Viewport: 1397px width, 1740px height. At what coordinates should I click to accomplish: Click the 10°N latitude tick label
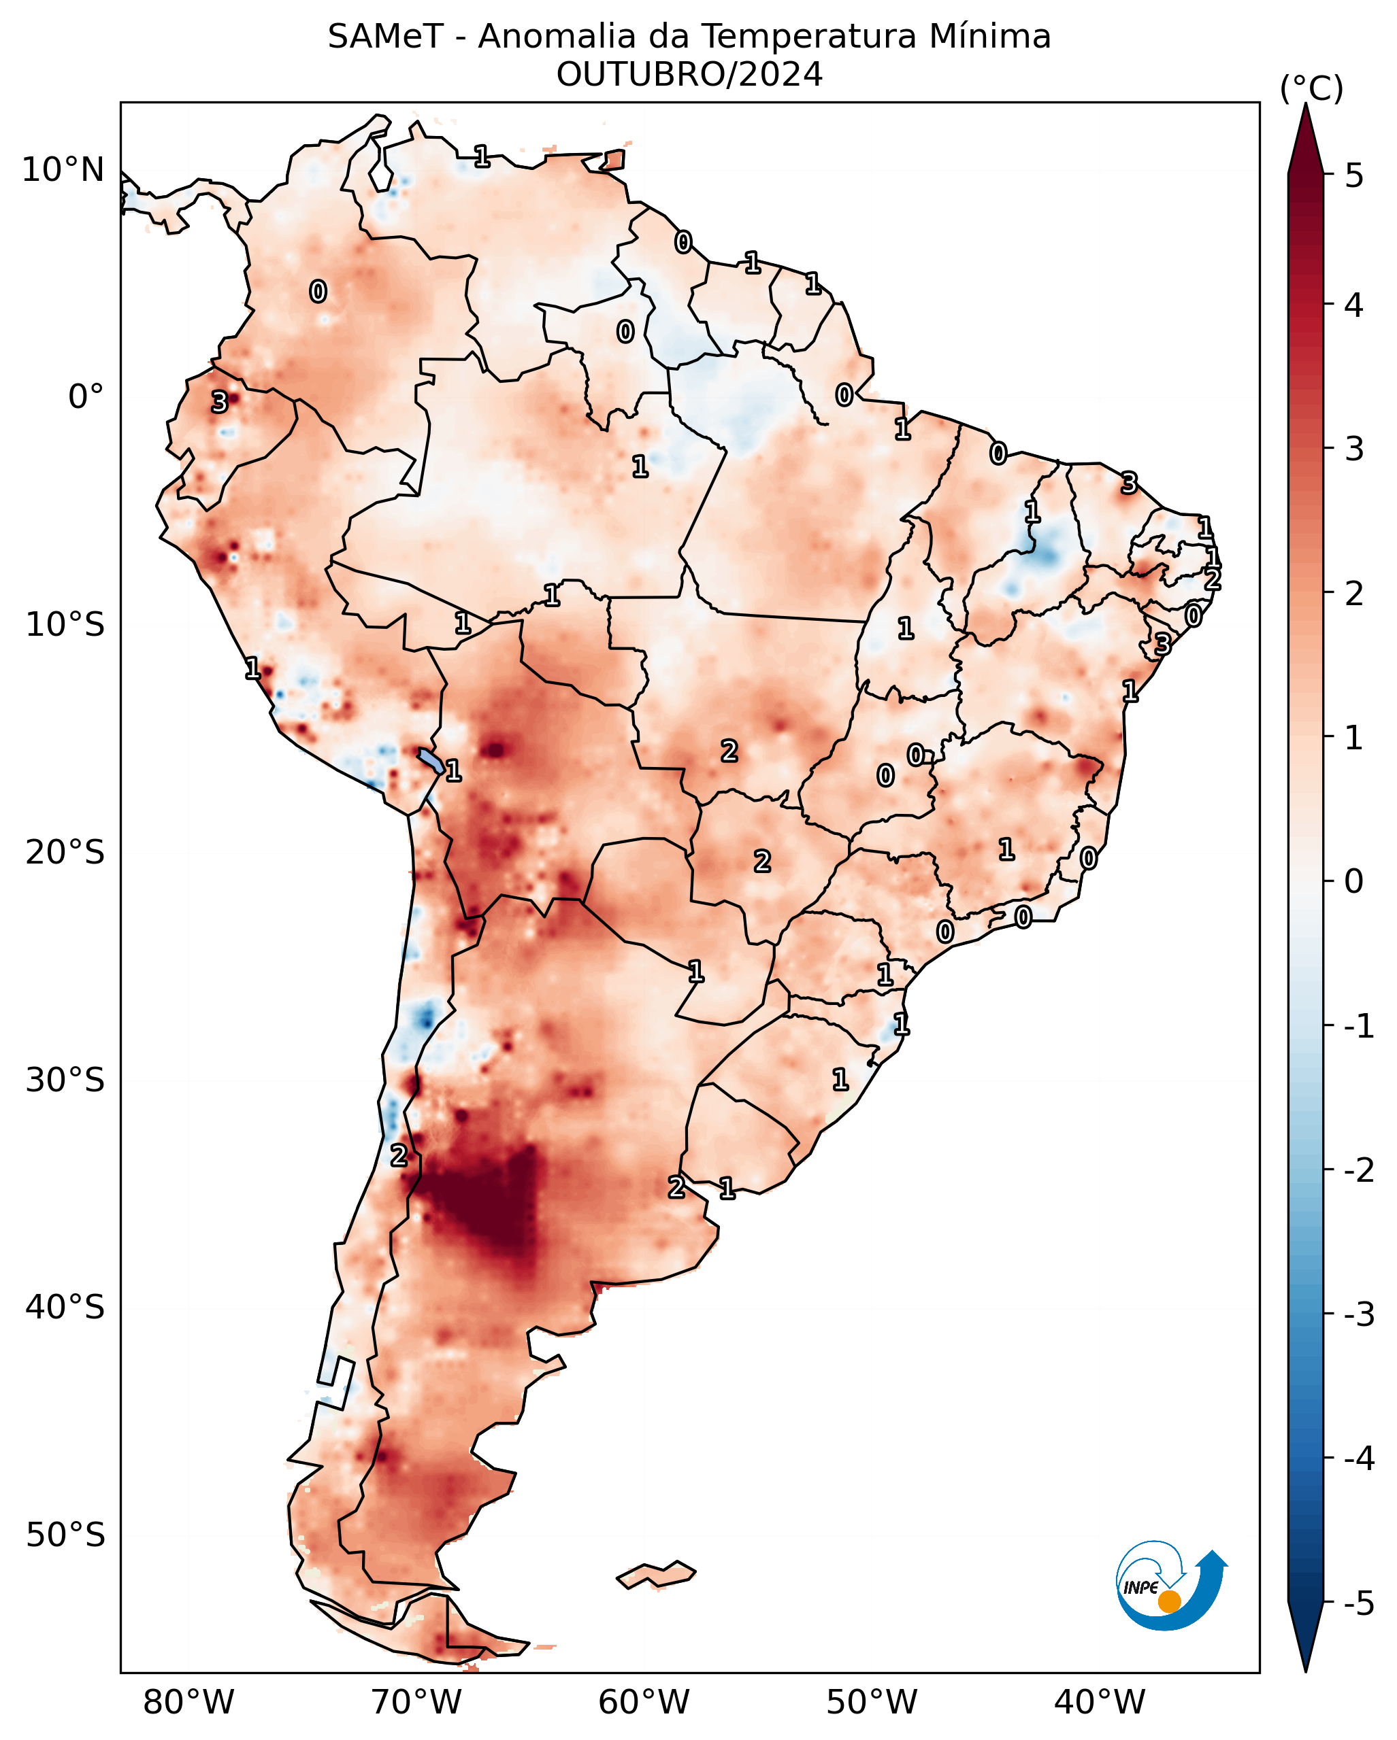[x=63, y=170]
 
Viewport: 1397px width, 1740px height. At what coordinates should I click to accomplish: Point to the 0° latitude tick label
[x=86, y=397]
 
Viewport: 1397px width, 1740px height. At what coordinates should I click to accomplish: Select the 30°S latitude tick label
[x=65, y=1080]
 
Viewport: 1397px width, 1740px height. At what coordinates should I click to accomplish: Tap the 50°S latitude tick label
[x=65, y=1535]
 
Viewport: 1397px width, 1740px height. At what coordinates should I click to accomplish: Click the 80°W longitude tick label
[x=188, y=1702]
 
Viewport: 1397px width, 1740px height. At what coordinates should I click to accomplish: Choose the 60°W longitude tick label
[x=644, y=1702]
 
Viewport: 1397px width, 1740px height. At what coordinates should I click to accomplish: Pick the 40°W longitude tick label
[x=1099, y=1702]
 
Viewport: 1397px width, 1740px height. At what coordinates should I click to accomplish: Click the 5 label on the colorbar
[x=1354, y=176]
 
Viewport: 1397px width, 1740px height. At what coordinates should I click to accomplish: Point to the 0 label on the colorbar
[x=1354, y=881]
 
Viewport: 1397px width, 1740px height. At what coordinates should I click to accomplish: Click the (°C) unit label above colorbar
[x=1311, y=89]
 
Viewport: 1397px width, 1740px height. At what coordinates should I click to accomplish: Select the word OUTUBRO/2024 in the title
[x=689, y=75]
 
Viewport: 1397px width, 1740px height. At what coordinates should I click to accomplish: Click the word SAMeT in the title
[x=385, y=37]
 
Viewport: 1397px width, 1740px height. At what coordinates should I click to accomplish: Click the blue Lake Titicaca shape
[x=431, y=760]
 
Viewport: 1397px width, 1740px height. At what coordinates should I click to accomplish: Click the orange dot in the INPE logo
[x=1168, y=1602]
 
